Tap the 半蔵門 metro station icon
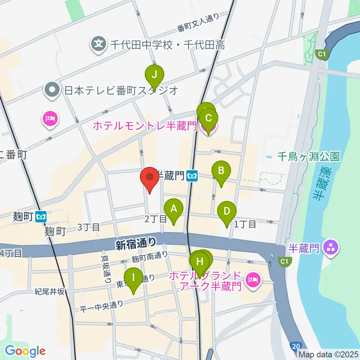click(x=193, y=175)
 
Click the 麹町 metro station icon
click(x=41, y=216)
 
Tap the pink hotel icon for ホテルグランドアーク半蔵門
click(x=253, y=280)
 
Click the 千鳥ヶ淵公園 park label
click(x=309, y=156)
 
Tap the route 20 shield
click(x=296, y=345)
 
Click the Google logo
click(x=25, y=351)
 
